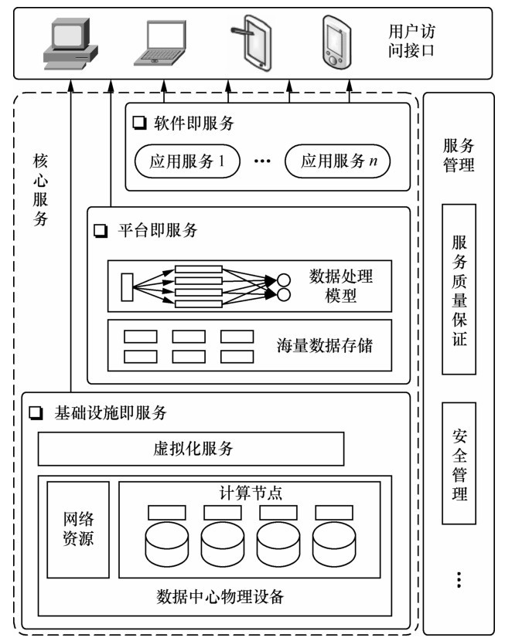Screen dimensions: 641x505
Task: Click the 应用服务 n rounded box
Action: coord(336,161)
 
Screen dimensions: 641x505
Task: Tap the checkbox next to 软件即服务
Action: coord(139,122)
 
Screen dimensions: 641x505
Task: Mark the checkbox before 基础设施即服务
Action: coord(35,413)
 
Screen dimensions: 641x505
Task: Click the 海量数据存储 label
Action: coord(325,344)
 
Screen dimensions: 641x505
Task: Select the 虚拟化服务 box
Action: coord(199,449)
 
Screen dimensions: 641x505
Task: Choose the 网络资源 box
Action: coord(78,530)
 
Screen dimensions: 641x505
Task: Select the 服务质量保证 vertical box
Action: coord(459,289)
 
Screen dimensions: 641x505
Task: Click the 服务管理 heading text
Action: coord(459,154)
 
